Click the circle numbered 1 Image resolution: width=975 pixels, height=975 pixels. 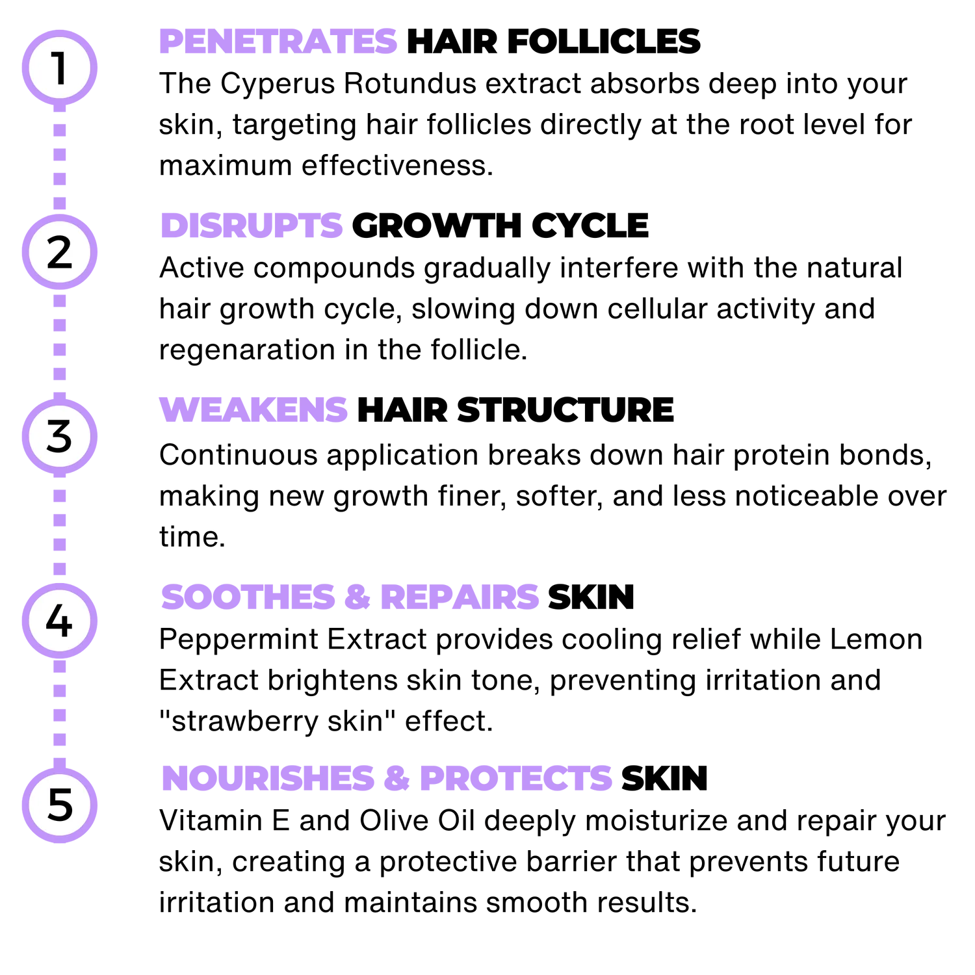point(59,68)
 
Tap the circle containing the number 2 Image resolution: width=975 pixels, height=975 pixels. point(59,253)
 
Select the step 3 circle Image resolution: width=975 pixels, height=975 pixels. point(59,436)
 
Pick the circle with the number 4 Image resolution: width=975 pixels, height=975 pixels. point(59,620)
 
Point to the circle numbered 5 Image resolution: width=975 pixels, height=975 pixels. point(59,805)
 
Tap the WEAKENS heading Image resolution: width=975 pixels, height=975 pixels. point(253,410)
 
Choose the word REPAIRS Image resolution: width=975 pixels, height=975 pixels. point(459,597)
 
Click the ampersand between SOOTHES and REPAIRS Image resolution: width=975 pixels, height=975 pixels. point(355,597)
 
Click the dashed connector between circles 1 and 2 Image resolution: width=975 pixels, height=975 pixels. point(59,159)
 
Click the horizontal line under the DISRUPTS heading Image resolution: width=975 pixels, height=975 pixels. point(565,252)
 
